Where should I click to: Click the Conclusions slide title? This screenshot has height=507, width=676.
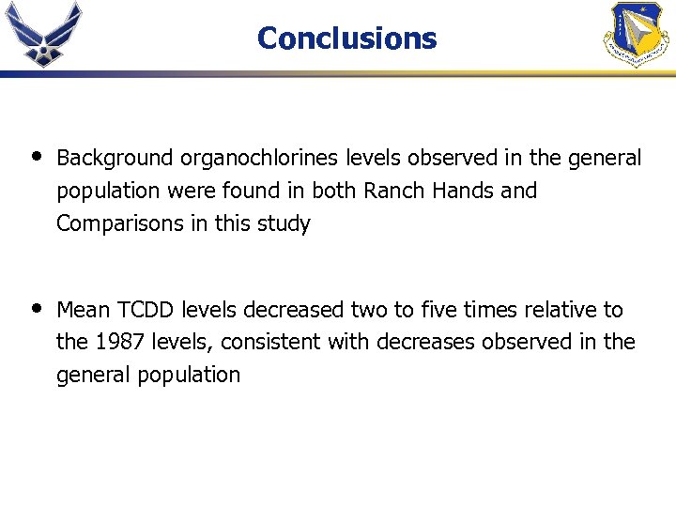(346, 38)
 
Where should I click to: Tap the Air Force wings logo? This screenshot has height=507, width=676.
(43, 34)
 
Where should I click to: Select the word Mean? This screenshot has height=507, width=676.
(83, 310)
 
